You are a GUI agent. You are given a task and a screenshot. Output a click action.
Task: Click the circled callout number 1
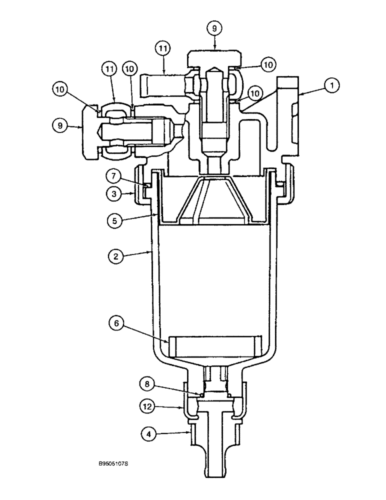(331, 85)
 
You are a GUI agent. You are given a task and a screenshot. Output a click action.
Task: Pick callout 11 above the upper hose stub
(163, 49)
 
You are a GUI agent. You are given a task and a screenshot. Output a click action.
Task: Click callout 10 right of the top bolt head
(269, 64)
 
